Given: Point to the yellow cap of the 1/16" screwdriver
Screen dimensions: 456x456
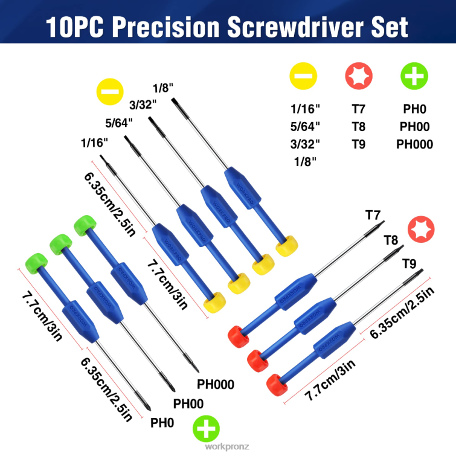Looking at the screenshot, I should pyautogui.click(x=216, y=301).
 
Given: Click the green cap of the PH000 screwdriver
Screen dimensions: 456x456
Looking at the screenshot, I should pyautogui.click(x=84, y=227).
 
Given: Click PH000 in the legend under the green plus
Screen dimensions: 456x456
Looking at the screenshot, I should pyautogui.click(x=414, y=144).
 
